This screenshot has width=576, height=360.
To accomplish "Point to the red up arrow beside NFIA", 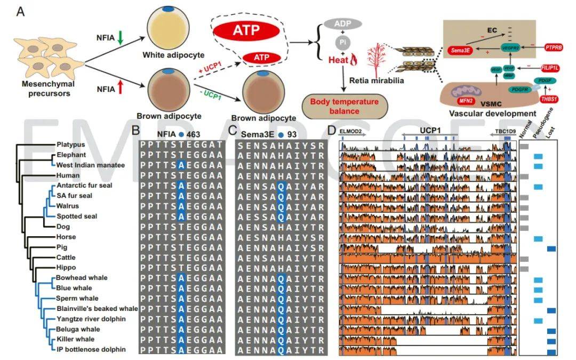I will click(121, 88).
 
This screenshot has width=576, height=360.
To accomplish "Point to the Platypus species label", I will click(70, 145).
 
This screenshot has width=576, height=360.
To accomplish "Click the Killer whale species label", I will click(75, 339).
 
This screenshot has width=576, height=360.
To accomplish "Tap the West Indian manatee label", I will click(91, 165).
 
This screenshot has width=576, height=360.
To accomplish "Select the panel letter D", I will click(332, 129).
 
